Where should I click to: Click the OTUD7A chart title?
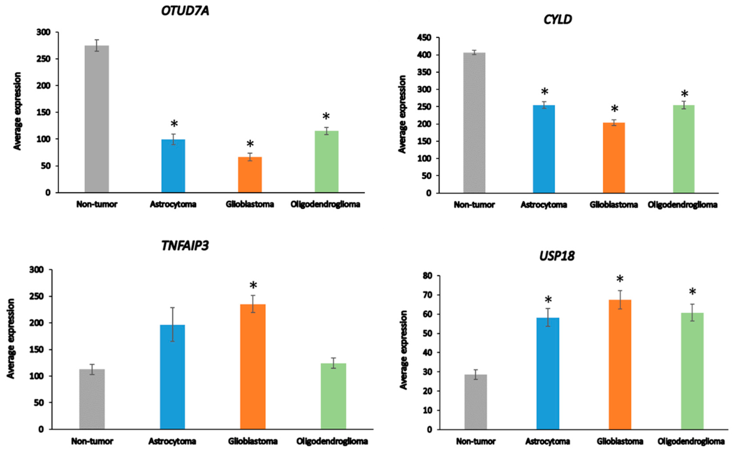pos(185,11)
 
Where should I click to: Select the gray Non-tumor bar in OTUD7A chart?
pos(97,119)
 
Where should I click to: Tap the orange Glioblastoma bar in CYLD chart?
pos(614,158)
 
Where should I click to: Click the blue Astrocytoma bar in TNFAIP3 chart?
pos(172,377)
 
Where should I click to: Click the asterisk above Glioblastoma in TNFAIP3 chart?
pos(253,285)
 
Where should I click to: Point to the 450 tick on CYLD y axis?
pos(424,38)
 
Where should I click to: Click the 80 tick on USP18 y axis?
pos(428,276)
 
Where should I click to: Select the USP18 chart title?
pos(557,256)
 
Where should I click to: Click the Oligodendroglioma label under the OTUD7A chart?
pos(325,204)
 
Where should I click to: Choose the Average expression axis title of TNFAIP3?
pos(11,338)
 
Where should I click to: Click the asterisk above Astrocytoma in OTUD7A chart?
pos(174,124)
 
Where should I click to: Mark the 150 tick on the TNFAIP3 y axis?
pos(36,349)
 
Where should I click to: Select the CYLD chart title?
pos(557,20)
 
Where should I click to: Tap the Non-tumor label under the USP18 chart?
pos(476,441)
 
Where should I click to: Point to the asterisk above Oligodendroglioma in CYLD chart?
pos(684,94)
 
